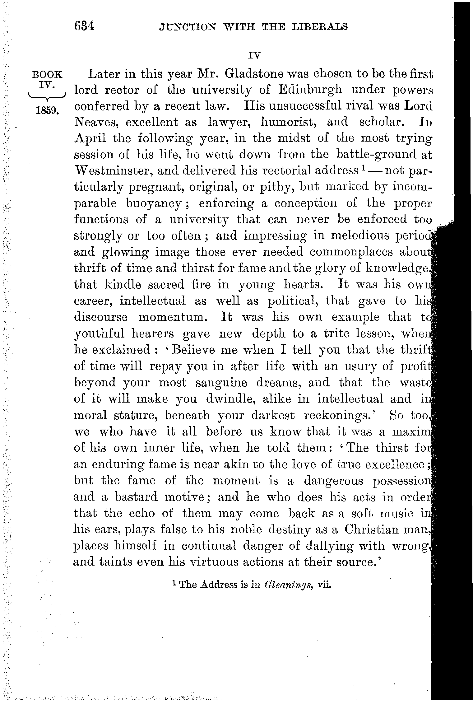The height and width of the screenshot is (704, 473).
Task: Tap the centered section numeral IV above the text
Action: [x=254, y=55]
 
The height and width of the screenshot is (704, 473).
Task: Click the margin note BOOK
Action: [x=47, y=75]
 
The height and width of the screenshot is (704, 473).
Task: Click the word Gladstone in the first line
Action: [x=254, y=74]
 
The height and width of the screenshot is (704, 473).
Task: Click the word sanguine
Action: [x=221, y=382]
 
